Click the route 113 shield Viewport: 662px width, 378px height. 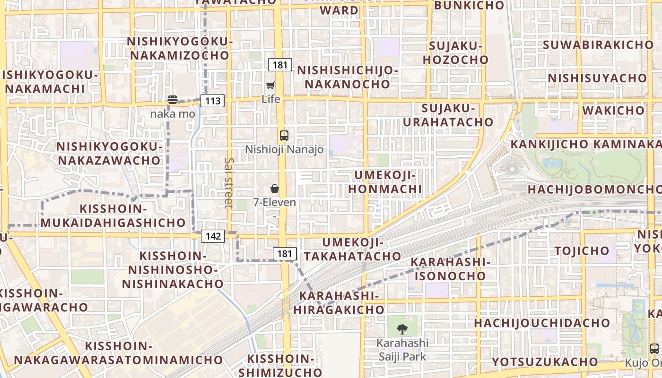pyautogui.click(x=212, y=101)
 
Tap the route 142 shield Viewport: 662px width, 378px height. pyautogui.click(x=213, y=236)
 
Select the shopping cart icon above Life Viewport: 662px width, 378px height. pyautogui.click(x=270, y=86)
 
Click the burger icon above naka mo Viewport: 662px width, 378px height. pyautogui.click(x=173, y=100)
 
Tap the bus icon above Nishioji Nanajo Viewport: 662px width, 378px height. pyautogui.click(x=284, y=135)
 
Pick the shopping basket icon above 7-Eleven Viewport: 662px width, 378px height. pyautogui.click(x=275, y=189)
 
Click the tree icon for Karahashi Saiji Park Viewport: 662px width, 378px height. pyautogui.click(x=402, y=329)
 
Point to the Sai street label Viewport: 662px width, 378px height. pyautogui.click(x=229, y=182)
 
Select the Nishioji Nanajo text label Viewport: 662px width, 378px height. pyautogui.click(x=284, y=149)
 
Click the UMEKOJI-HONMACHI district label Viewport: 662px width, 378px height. pyautogui.click(x=388, y=182)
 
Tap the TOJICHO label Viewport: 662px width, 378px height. pyautogui.click(x=582, y=250)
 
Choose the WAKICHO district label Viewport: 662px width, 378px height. pyautogui.click(x=613, y=111)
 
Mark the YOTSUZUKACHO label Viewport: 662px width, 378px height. pyautogui.click(x=545, y=362)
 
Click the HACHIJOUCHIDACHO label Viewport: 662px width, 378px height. pyautogui.click(x=542, y=323)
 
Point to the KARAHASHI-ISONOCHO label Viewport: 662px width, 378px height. pyautogui.click(x=450, y=268)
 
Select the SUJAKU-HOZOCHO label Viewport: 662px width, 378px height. pyautogui.click(x=455, y=53)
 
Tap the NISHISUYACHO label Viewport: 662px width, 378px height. pyautogui.click(x=597, y=77)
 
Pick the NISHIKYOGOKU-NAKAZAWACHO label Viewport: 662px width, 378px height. pyautogui.click(x=109, y=153)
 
